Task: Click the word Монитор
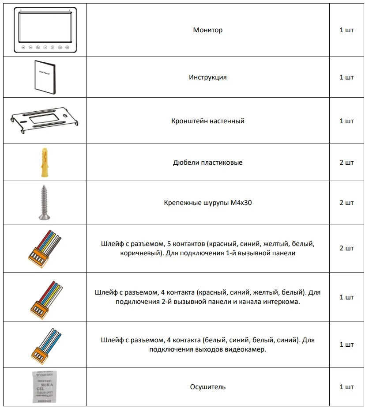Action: [x=207, y=30]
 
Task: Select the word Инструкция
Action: [x=207, y=77]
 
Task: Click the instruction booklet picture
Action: [x=45, y=77]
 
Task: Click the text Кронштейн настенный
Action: [x=207, y=121]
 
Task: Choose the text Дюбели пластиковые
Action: [x=207, y=163]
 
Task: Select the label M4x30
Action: [x=243, y=203]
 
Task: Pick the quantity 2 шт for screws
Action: [x=346, y=203]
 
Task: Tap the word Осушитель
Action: [x=207, y=387]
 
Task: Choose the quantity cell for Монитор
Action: [x=346, y=30]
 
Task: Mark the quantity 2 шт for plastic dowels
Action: [x=346, y=163]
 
